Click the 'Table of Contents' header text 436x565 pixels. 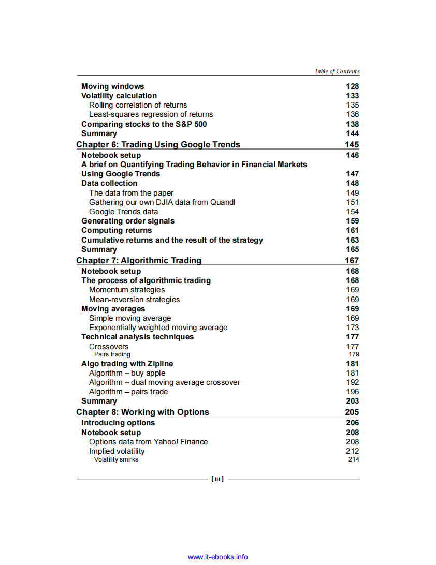pyautogui.click(x=337, y=71)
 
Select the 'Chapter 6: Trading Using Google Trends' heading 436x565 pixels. pyautogui.click(x=158, y=145)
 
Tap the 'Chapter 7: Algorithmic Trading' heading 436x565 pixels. pyautogui.click(x=139, y=261)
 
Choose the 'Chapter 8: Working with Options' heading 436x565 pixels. pyautogui.click(x=142, y=412)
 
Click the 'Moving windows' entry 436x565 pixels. pyautogui.click(x=112, y=86)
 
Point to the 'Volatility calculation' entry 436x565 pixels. pyautogui.click(x=119, y=96)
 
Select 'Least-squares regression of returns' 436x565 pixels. pyautogui.click(x=151, y=114)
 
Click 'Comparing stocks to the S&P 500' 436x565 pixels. pyautogui.click(x=144, y=124)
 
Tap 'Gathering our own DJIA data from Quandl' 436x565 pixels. pyautogui.click(x=162, y=202)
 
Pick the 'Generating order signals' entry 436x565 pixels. pyautogui.click(x=128, y=221)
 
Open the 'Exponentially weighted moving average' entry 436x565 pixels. pyautogui.click(x=158, y=328)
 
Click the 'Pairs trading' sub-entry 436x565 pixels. pyautogui.click(x=112, y=354)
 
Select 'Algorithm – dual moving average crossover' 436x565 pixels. pyautogui.click(x=165, y=382)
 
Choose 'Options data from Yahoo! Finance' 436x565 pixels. pyautogui.click(x=148, y=442)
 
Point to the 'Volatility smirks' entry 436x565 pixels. pyautogui.click(x=116, y=459)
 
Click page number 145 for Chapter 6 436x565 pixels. pyautogui.click(x=352, y=145)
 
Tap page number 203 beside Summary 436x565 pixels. pyautogui.click(x=352, y=401)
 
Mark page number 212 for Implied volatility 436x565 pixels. pyautogui.click(x=352, y=451)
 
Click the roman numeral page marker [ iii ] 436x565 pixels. pyautogui.click(x=217, y=479)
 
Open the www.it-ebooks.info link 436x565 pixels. pyautogui.click(x=217, y=557)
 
